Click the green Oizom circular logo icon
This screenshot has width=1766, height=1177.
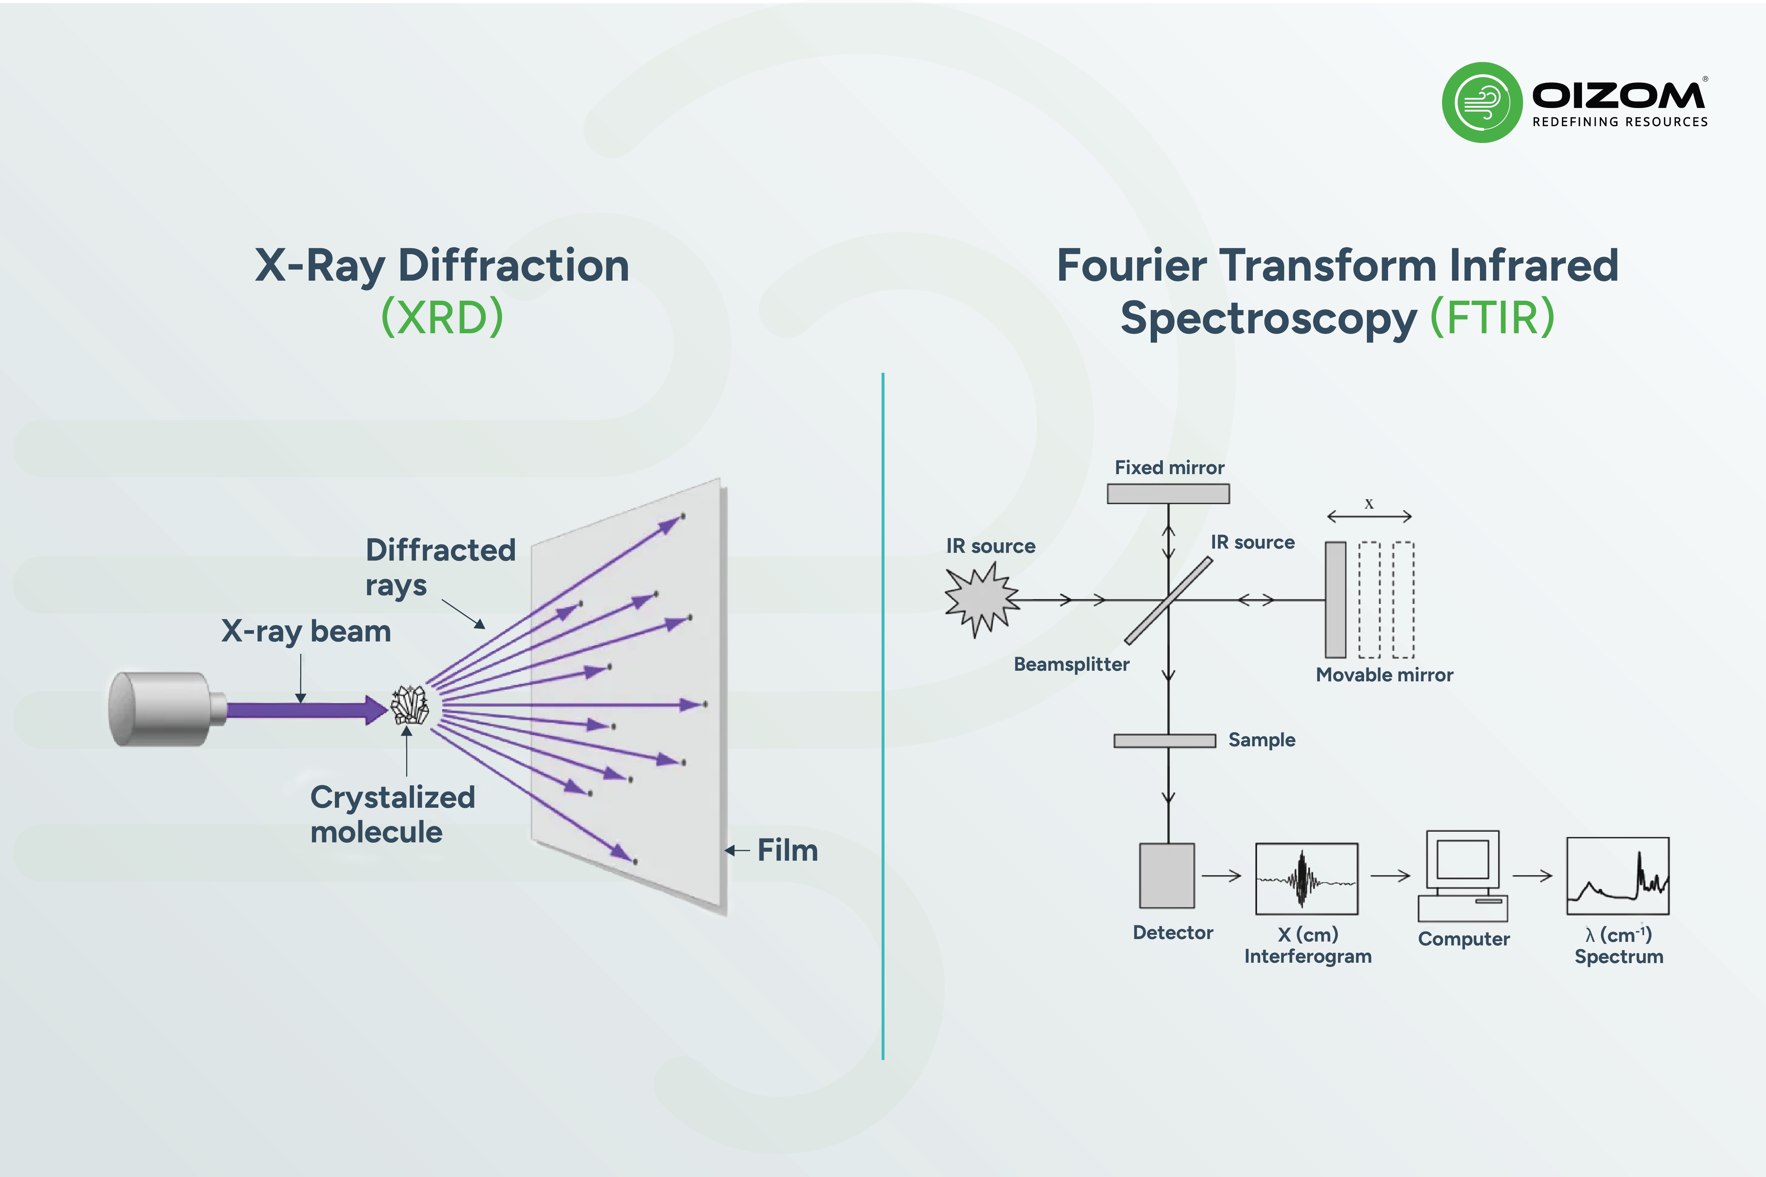(x=1482, y=102)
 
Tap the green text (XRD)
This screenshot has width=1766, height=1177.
(x=442, y=317)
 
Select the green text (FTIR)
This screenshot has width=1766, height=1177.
(x=1492, y=317)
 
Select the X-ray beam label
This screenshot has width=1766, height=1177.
(x=306, y=631)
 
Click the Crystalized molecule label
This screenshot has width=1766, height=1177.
(x=393, y=814)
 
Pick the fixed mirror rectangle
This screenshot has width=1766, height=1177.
(x=1168, y=494)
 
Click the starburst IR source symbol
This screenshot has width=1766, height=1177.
(x=981, y=600)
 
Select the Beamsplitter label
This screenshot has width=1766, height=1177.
(x=1072, y=664)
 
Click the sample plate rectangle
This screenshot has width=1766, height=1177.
(x=1165, y=741)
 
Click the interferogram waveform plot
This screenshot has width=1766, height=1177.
(x=1306, y=879)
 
